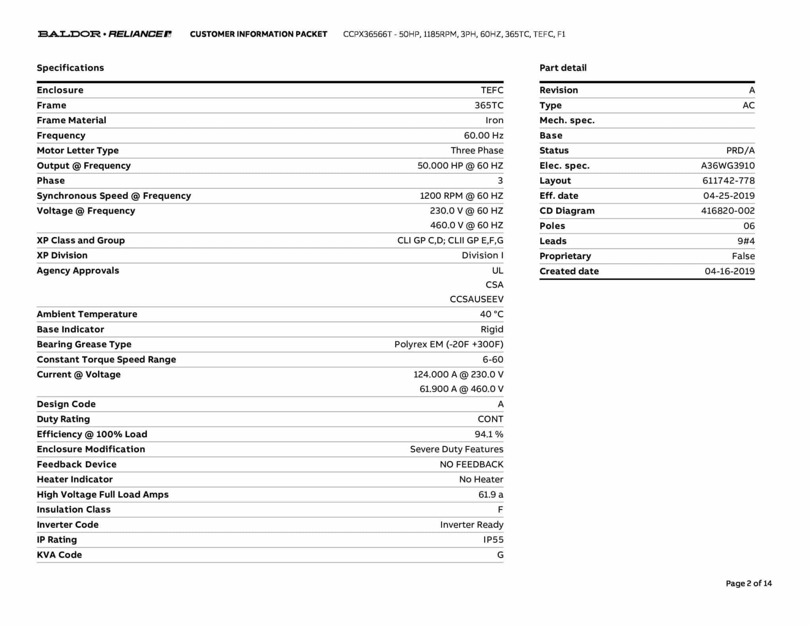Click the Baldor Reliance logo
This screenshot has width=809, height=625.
(104, 34)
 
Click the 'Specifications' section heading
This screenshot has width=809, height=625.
(70, 68)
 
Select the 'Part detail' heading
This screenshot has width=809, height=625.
(563, 68)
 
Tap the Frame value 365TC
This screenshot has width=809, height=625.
(489, 105)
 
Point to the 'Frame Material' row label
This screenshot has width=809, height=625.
(71, 120)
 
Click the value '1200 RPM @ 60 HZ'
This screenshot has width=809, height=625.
(461, 196)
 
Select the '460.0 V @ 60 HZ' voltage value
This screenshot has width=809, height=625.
(467, 225)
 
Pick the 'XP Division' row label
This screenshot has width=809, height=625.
(62, 256)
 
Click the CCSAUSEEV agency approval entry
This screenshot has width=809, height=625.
(476, 299)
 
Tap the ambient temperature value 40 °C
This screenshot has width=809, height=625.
(491, 314)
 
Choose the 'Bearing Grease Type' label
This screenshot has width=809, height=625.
(84, 345)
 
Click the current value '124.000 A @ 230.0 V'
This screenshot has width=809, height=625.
(458, 375)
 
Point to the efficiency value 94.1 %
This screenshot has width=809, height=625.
(489, 435)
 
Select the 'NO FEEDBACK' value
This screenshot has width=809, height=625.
(471, 465)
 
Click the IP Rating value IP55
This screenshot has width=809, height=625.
(493, 540)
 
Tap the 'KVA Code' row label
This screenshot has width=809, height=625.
(59, 555)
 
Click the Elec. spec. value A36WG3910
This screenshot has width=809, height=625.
(728, 166)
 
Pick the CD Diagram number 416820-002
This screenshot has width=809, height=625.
(728, 211)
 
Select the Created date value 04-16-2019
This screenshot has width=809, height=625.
(730, 271)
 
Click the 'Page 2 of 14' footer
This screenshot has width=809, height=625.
(749, 584)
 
